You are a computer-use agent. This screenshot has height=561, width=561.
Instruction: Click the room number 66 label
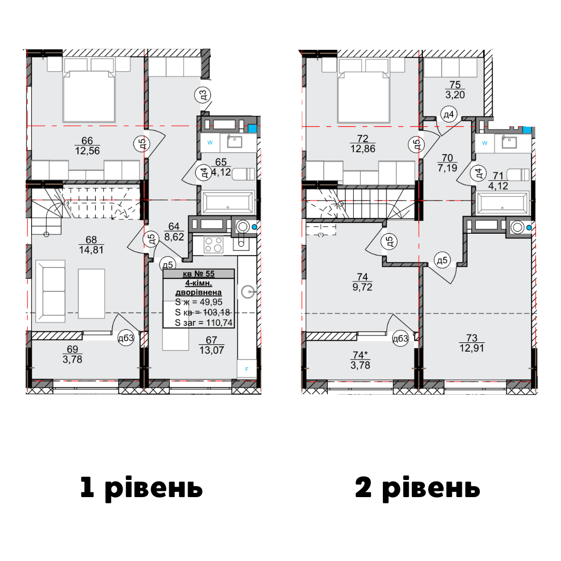[87, 141]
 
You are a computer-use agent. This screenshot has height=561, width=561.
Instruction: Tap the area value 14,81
[91, 250]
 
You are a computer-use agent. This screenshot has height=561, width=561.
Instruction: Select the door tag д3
[203, 95]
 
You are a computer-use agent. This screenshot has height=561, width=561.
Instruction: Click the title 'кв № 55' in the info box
[198, 274]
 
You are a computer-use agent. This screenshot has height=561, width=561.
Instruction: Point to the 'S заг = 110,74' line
[204, 323]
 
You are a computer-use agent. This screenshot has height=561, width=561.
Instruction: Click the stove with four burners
[213, 245]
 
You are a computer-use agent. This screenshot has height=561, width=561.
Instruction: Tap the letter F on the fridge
[247, 369]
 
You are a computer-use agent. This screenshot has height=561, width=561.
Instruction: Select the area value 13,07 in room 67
[212, 350]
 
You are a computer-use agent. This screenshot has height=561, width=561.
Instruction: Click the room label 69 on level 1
[72, 349]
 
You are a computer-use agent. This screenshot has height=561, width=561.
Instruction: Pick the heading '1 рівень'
[141, 488]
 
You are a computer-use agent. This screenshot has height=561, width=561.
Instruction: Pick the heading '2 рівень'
[418, 488]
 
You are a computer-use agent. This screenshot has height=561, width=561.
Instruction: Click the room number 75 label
[455, 85]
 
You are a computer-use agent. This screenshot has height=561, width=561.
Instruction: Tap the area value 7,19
[447, 167]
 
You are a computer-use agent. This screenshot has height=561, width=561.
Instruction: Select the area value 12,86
[363, 149]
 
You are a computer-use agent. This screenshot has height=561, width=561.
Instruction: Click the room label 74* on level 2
[360, 355]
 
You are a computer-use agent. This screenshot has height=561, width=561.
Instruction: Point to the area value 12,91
[472, 348]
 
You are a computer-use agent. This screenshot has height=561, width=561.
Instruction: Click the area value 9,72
[363, 287]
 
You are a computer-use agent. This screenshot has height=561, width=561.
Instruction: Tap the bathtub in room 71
[503, 203]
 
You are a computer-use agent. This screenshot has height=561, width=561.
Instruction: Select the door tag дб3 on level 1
[126, 338]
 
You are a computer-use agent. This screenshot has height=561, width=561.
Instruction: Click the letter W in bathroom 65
[210, 142]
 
